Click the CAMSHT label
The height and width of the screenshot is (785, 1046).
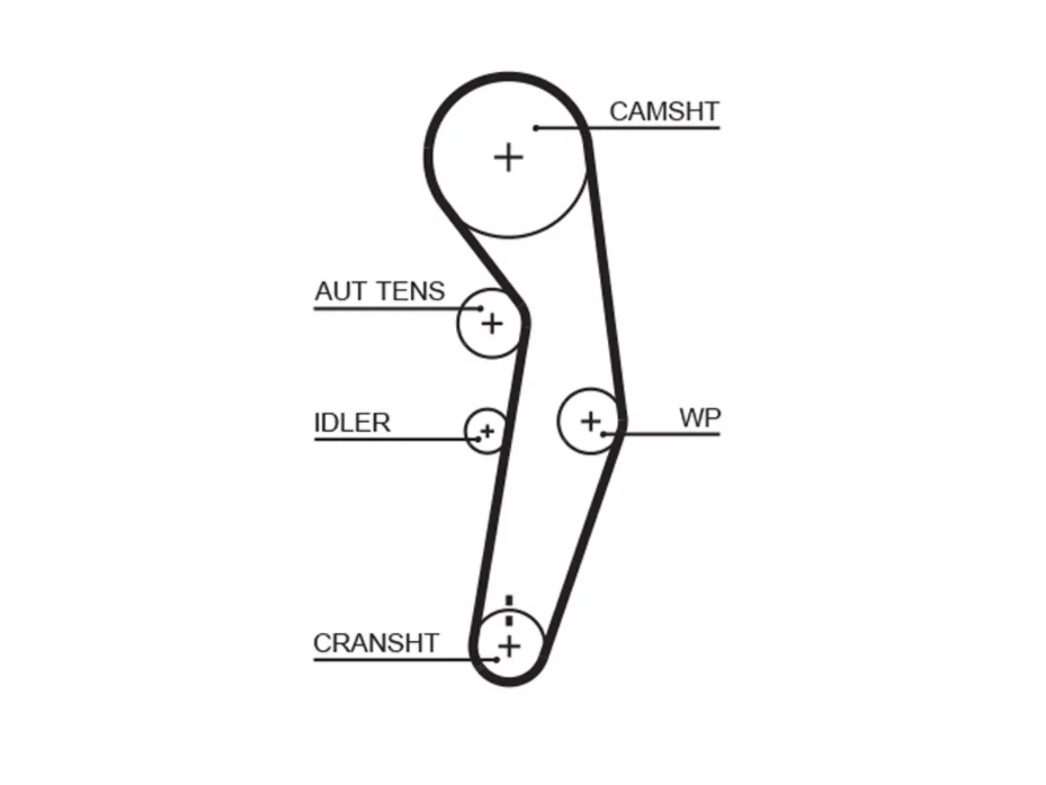(x=664, y=111)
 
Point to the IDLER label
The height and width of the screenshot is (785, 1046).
(x=352, y=422)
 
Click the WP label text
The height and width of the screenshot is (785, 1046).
(x=700, y=418)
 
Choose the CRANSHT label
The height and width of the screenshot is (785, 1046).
(x=376, y=643)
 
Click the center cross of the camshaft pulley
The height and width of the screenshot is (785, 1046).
(x=508, y=157)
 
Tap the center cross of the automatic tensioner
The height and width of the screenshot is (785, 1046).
(x=492, y=325)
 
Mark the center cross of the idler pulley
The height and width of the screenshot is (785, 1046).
(x=487, y=432)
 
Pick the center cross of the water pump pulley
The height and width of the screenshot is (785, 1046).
(x=591, y=421)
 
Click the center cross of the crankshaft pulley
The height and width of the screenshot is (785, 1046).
(x=509, y=647)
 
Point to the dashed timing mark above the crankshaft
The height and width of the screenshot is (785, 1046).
(x=509, y=610)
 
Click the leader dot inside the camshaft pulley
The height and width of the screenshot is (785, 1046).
(x=535, y=128)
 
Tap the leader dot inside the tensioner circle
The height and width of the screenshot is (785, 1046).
(x=481, y=308)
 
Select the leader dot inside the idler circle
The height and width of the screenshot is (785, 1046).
(x=478, y=439)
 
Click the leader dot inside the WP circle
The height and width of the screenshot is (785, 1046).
(x=603, y=434)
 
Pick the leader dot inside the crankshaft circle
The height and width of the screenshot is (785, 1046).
(x=497, y=660)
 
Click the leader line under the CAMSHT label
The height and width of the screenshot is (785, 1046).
(x=628, y=128)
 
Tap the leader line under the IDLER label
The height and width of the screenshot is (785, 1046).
(x=396, y=439)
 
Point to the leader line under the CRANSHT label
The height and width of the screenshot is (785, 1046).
(x=405, y=660)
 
